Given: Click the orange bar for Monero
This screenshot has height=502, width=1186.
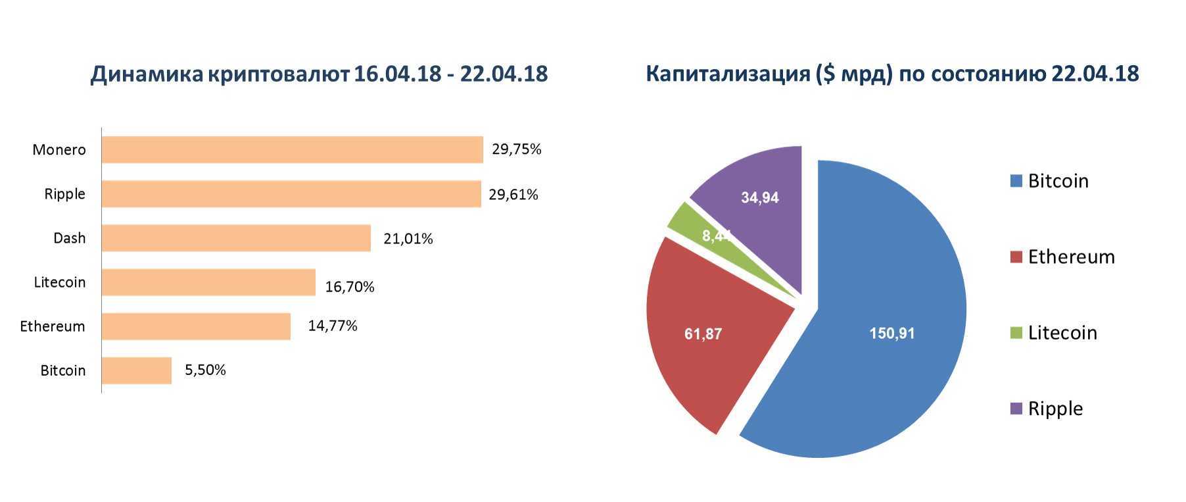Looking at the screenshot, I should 292,149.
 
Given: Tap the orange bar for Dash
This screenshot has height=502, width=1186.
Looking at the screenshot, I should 237,238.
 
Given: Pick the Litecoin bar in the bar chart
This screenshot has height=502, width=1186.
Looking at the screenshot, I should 208,282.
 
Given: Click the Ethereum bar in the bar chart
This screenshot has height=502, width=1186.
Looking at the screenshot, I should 196,326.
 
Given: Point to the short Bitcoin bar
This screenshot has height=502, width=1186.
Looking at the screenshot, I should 137,370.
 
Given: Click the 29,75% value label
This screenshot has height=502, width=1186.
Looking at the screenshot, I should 516,150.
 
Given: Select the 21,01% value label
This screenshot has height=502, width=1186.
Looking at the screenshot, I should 409,238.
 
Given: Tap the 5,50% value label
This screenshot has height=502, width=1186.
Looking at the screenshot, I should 205,370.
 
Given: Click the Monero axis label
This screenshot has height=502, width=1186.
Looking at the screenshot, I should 59,150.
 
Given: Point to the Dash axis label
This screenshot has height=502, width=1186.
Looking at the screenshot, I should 70,238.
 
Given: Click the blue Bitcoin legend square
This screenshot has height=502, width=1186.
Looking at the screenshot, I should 1016,182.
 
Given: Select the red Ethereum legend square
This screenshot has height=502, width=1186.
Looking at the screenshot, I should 1016,257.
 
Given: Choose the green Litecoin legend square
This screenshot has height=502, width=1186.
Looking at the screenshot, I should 1016,333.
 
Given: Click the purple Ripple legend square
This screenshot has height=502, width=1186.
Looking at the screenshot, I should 1016,409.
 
